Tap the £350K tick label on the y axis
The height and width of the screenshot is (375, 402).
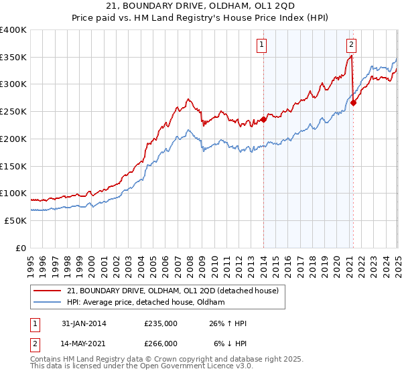pos(13,58)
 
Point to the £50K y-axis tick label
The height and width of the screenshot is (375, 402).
pos(15,220)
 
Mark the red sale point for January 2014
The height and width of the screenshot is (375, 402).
pos(263,120)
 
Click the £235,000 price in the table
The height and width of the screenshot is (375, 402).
pos(160,323)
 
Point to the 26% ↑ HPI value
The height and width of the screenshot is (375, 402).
pos(228,323)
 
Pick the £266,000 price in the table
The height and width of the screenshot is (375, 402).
pos(160,343)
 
